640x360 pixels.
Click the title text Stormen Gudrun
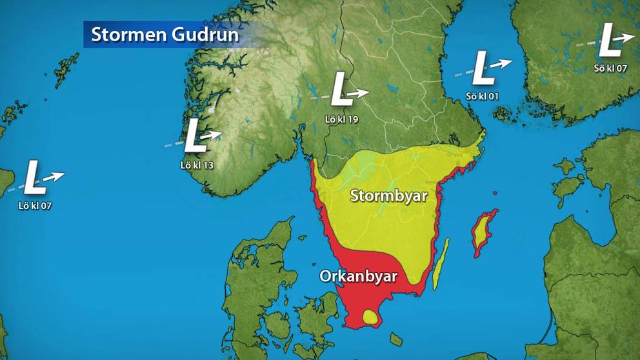point(165,34)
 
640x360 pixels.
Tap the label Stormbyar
point(388,196)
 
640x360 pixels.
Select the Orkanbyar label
point(358,276)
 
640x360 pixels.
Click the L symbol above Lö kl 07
point(34,178)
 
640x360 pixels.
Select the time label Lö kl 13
point(197,165)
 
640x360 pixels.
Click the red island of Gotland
point(484,232)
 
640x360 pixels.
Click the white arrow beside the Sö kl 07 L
point(625,37)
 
